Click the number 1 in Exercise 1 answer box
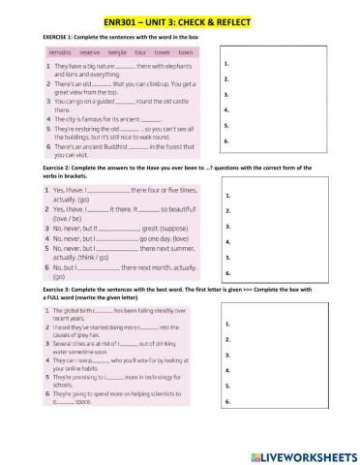225,62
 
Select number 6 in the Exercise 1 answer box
225,141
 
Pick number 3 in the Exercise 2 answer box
225,227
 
